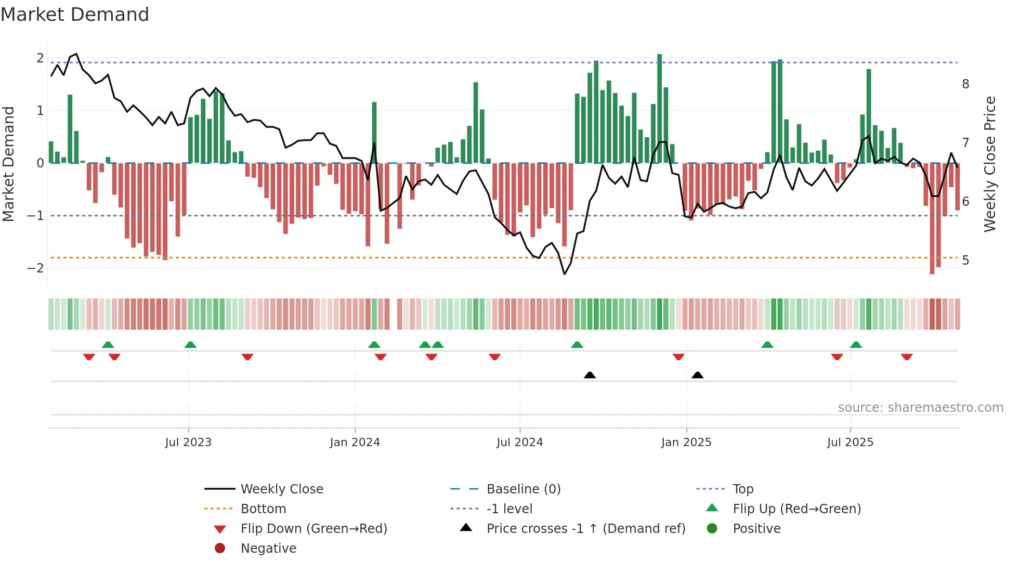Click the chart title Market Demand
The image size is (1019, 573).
(x=75, y=15)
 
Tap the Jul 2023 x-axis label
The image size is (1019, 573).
(x=188, y=442)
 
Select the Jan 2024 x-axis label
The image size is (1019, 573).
(x=355, y=442)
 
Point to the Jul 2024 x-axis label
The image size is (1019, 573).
(x=519, y=442)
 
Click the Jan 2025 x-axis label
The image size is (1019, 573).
(x=686, y=442)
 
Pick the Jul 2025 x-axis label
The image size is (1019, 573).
(x=850, y=442)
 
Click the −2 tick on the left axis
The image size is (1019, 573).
(x=35, y=268)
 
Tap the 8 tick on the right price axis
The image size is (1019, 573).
(x=965, y=84)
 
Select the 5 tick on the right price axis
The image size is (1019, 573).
(x=965, y=260)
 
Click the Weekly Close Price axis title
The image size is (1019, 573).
(x=990, y=164)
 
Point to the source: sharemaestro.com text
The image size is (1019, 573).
(x=920, y=408)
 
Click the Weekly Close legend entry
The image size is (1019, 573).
(x=281, y=489)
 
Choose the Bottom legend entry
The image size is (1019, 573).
(x=263, y=509)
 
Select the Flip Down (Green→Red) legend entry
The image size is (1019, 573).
(x=313, y=529)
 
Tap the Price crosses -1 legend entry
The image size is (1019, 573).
(x=585, y=529)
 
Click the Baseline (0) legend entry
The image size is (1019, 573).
(x=523, y=489)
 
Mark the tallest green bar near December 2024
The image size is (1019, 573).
(x=659, y=108)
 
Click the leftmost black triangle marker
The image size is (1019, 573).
(x=590, y=375)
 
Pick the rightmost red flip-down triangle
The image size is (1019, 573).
(x=907, y=357)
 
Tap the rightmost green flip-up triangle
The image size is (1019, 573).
(x=856, y=345)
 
